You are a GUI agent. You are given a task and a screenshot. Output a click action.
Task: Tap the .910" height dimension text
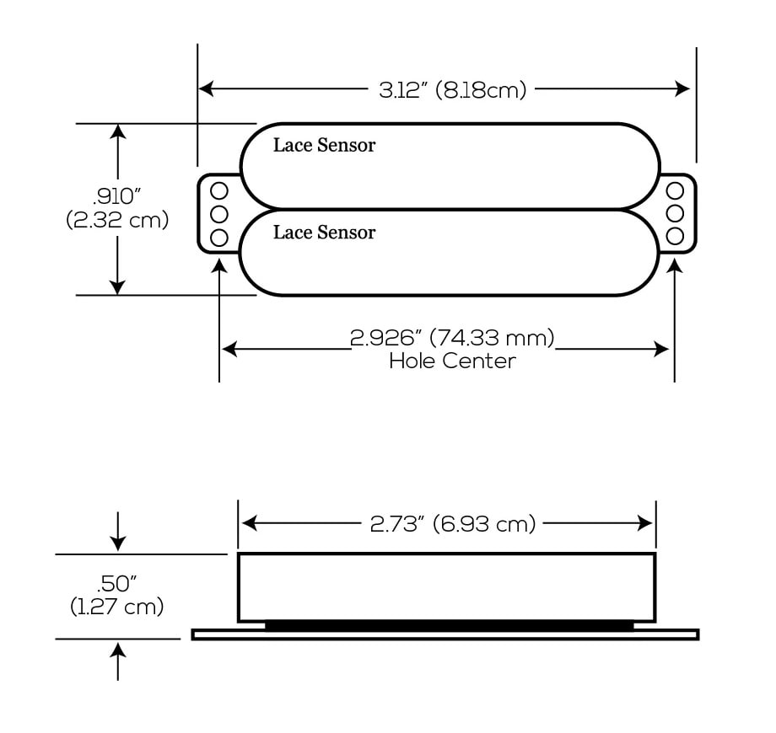117,197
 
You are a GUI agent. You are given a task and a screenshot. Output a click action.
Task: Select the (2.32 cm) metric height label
117,220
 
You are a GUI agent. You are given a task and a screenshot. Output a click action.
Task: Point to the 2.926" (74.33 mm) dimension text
452,339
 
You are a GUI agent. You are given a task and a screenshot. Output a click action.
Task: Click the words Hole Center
452,361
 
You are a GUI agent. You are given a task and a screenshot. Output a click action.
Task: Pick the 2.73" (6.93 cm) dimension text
453,524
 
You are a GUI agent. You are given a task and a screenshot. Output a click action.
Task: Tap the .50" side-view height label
117,582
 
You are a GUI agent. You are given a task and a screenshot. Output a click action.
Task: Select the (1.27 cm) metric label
117,606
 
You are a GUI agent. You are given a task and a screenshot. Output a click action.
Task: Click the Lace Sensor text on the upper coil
324,145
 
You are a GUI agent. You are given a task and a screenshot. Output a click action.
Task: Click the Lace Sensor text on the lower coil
324,233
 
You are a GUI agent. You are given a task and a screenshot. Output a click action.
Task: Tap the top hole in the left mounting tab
218,190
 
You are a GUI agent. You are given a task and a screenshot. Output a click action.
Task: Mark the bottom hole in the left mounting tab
218,237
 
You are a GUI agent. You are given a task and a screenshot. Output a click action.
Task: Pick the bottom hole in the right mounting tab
675,235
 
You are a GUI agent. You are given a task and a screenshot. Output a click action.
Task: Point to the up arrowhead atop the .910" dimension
118,131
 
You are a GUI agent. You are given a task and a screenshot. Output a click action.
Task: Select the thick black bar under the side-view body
449,625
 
